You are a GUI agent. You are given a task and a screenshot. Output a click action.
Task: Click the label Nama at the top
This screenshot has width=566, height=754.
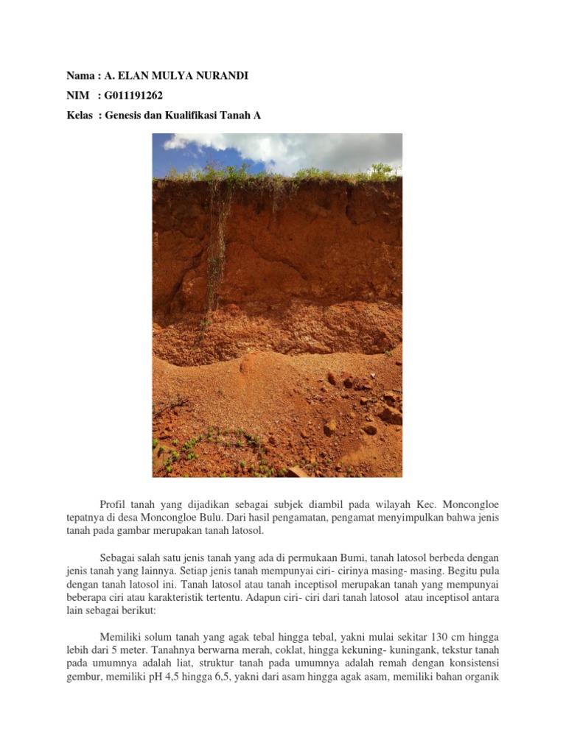80,77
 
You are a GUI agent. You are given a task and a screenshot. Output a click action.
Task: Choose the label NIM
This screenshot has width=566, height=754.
77,96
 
